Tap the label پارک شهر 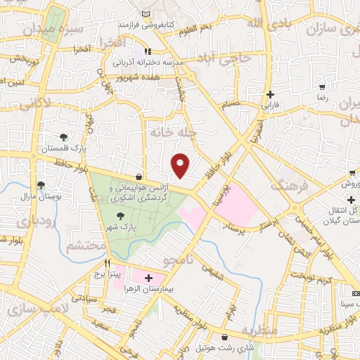(x=120, y=226)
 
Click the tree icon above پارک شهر (x=120, y=215)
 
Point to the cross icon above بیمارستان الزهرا (x=148, y=278)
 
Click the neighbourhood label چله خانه (x=172, y=132)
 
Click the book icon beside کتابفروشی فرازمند (x=146, y=14)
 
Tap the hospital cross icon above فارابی (x=270, y=95)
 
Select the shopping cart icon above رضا (x=322, y=88)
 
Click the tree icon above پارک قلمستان (x=64, y=137)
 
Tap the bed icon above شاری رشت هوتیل (x=224, y=337)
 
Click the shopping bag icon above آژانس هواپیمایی (x=139, y=177)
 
